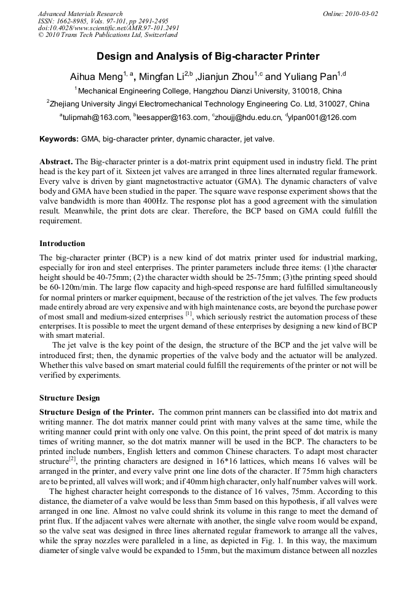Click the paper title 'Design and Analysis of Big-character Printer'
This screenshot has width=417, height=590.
[208, 57]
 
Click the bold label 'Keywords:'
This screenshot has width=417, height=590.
[58, 139]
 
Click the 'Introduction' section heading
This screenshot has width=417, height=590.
[62, 244]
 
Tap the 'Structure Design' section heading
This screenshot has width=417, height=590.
[69, 398]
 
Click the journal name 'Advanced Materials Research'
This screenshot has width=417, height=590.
[80, 14]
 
